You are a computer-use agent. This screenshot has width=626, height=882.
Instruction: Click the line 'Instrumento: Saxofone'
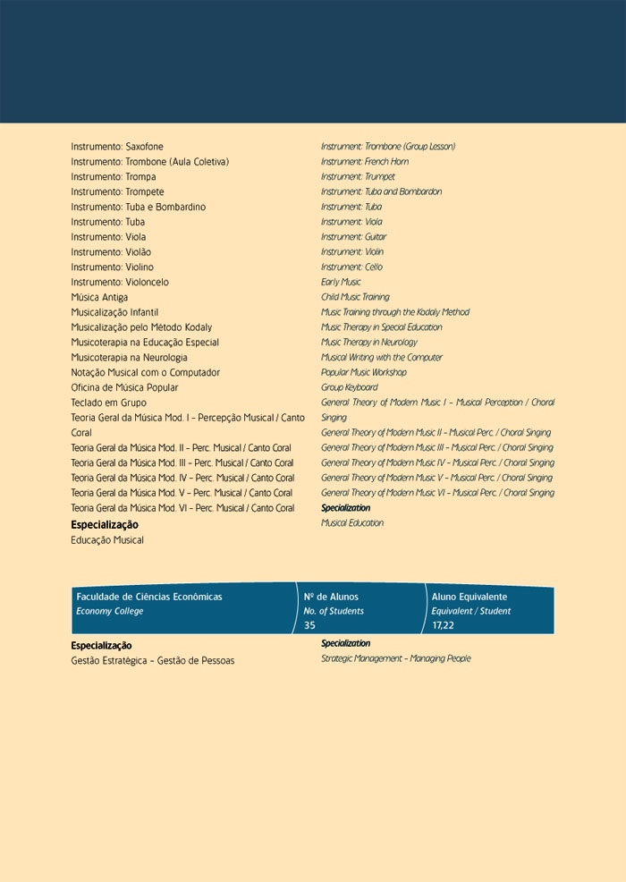[117, 147]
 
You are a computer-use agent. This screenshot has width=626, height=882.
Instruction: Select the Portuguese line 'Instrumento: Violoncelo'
[120, 283]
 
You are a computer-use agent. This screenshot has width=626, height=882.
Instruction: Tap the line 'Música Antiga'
[99, 298]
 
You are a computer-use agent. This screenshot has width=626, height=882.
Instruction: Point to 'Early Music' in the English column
[341, 283]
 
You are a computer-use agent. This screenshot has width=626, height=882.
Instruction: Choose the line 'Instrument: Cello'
[352, 267]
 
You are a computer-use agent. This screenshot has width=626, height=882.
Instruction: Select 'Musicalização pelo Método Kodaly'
[141, 327]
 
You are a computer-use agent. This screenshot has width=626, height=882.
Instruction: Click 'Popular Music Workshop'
[364, 372]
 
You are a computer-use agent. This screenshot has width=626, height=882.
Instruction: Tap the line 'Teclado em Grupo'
[108, 403]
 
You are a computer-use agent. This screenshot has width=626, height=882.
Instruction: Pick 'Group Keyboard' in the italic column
[350, 387]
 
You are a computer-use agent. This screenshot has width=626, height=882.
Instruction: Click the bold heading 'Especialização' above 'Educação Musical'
[105, 525]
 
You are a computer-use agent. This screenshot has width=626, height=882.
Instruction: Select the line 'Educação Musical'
[107, 540]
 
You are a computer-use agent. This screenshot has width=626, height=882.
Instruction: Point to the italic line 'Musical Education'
[352, 523]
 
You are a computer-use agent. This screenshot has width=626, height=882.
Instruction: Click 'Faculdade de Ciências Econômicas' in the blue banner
[149, 597]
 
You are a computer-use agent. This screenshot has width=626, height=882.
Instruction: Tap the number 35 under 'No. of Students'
[309, 625]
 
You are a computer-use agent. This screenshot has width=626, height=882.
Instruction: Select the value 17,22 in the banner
[443, 625]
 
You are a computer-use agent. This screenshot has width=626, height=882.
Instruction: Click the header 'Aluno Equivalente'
[469, 597]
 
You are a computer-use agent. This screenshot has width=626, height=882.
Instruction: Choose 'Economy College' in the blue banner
[110, 612]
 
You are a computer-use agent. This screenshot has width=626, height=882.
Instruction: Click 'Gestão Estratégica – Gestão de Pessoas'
[153, 661]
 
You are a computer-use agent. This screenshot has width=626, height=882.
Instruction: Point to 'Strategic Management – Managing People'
[396, 659]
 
